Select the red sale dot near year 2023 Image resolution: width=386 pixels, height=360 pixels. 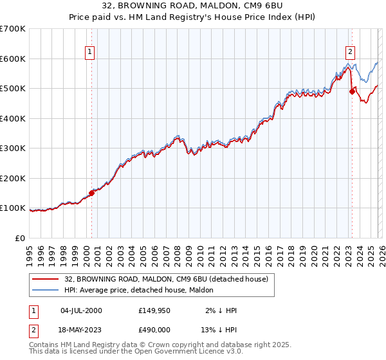click(x=352, y=91)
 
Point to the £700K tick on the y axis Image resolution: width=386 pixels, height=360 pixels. click(x=14, y=29)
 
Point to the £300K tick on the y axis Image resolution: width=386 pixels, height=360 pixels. click(x=14, y=148)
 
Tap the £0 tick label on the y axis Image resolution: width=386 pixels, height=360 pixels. click(x=21, y=238)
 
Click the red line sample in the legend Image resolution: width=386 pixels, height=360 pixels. click(x=46, y=278)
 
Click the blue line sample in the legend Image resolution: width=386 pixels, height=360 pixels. click(x=46, y=289)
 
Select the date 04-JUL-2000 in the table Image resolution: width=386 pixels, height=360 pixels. click(x=81, y=310)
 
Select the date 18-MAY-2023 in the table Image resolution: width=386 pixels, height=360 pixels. click(x=81, y=330)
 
